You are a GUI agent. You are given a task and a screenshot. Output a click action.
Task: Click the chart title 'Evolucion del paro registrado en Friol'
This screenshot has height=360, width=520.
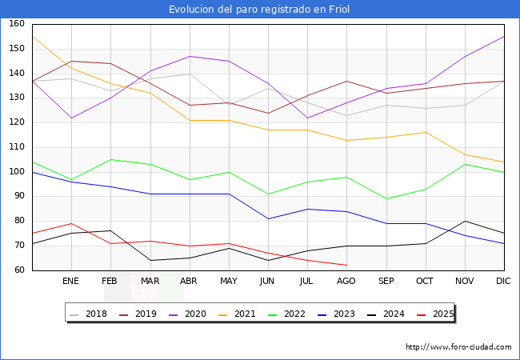259,10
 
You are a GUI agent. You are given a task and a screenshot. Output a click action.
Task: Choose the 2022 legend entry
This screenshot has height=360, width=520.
288,314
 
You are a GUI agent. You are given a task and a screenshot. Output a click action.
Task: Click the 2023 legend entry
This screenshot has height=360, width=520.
336,314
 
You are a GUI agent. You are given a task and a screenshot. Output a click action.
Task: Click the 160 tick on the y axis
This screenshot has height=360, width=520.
17,24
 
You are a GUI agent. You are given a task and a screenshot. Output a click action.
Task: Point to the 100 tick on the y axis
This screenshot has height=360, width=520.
17,172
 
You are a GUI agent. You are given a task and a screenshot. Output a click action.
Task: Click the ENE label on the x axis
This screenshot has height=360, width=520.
71,282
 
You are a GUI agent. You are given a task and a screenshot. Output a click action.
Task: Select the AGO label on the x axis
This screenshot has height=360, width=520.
346,282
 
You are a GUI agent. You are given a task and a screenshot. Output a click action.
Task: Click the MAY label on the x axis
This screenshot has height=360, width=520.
229,282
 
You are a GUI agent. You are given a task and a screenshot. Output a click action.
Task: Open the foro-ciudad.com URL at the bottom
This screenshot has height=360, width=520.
458,347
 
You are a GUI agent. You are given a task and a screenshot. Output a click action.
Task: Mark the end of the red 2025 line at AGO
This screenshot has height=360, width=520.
346,265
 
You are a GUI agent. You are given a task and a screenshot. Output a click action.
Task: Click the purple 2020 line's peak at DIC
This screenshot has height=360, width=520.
504,36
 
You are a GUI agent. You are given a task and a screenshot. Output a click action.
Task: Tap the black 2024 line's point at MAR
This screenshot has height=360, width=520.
150,260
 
